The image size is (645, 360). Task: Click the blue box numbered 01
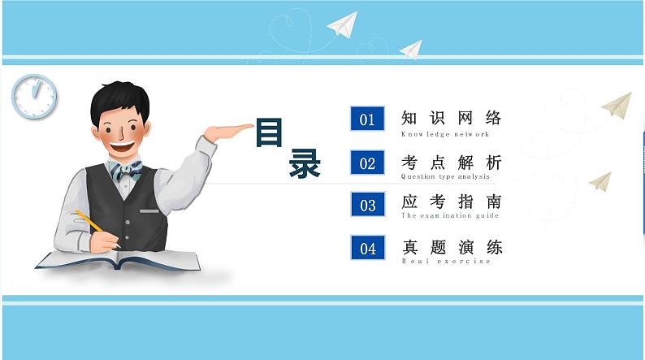pyautogui.click(x=367, y=119)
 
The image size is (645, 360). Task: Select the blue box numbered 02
pyautogui.click(x=367, y=163)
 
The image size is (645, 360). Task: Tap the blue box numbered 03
pyautogui.click(x=367, y=205)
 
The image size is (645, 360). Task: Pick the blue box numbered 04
pyautogui.click(x=367, y=248)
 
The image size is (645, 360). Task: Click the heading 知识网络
pyautogui.click(x=452, y=118)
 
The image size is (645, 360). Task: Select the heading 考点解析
pyautogui.click(x=452, y=162)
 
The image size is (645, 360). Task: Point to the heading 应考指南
pyautogui.click(x=452, y=202)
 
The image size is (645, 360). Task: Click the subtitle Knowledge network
pyautogui.click(x=445, y=134)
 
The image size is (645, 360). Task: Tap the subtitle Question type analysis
pyautogui.click(x=445, y=176)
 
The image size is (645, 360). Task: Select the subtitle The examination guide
pyautogui.click(x=449, y=216)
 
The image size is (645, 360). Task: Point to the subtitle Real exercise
pyautogui.click(x=446, y=261)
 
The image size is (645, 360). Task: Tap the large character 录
pyautogui.click(x=305, y=165)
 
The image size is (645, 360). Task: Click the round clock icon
pyautogui.click(x=34, y=97)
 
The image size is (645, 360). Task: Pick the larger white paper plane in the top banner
pyautogui.click(x=343, y=24)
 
